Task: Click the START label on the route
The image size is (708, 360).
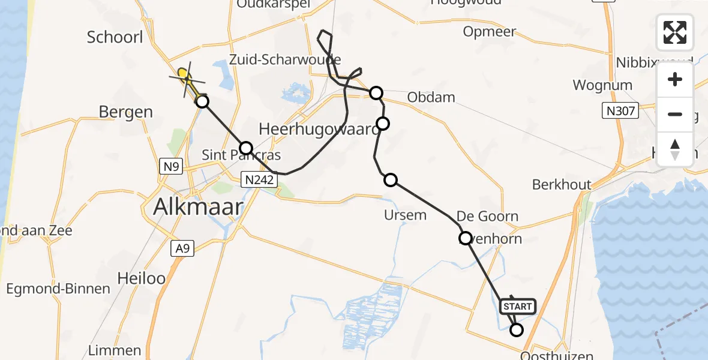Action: [x=517, y=307]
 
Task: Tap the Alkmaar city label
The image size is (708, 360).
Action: [x=198, y=207]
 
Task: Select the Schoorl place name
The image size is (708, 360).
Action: [x=115, y=37]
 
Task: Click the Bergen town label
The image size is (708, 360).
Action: [x=127, y=112]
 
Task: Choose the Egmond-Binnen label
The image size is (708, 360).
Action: [x=58, y=289]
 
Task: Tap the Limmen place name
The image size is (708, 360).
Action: [x=115, y=350]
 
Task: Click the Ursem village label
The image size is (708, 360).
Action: [x=405, y=215]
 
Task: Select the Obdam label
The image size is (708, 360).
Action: [x=431, y=97]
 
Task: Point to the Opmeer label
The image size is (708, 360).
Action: [x=490, y=31]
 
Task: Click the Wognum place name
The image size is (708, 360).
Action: [x=602, y=85]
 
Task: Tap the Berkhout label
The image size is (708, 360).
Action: [x=562, y=185]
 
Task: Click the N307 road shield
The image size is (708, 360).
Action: [x=620, y=110]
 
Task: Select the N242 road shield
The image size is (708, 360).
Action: [x=259, y=178]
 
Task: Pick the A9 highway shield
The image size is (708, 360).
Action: [x=182, y=248]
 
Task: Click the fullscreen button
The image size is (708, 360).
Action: [x=675, y=32]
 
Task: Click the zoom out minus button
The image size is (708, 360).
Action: [x=675, y=114]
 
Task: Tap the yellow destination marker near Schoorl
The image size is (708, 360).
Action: [x=183, y=73]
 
